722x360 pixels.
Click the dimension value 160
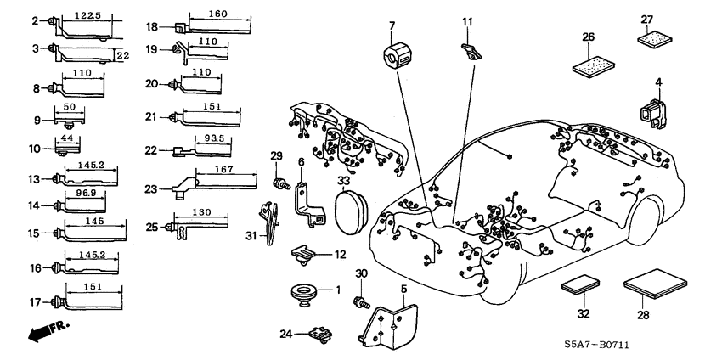[x=217, y=14]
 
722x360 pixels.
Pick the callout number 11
[x=466, y=20]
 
